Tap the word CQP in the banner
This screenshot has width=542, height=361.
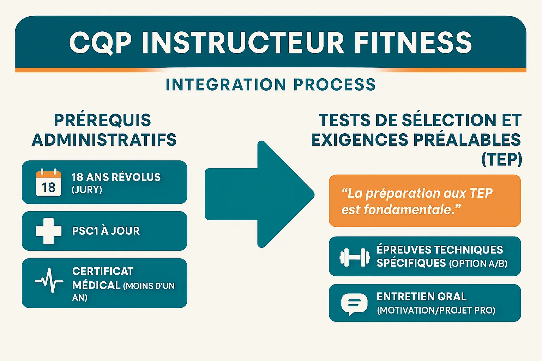(x=101, y=43)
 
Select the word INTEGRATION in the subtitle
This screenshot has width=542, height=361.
(x=226, y=85)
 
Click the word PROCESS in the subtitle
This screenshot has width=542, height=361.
(x=335, y=85)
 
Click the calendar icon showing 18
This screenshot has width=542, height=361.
(x=49, y=182)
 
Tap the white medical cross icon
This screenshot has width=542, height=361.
(x=49, y=231)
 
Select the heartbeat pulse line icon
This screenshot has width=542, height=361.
(x=49, y=281)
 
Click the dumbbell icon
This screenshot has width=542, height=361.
(x=354, y=257)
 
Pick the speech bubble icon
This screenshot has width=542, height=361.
(x=354, y=304)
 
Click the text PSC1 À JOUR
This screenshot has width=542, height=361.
(x=106, y=231)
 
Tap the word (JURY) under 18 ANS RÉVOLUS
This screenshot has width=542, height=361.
(x=87, y=190)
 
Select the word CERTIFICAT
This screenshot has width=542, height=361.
(x=103, y=271)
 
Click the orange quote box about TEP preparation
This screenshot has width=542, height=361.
(x=424, y=201)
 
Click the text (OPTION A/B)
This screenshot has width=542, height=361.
(x=478, y=264)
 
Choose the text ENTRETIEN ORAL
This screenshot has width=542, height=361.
(x=421, y=297)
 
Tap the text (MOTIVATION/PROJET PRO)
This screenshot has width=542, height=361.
(x=436, y=311)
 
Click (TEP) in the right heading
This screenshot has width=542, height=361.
(x=501, y=159)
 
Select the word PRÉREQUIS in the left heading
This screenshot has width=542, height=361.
(x=102, y=121)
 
